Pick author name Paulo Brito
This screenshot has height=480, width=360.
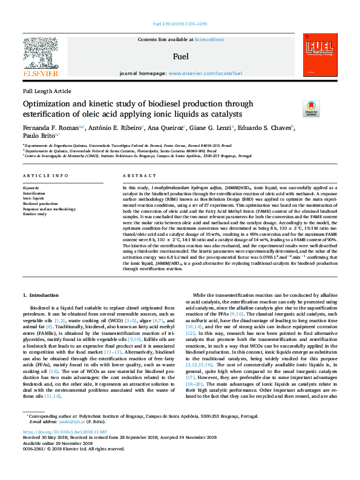[x=38, y=137]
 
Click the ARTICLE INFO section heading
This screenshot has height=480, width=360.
[x=45, y=175]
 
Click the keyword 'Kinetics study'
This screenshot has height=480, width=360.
[x=35, y=214]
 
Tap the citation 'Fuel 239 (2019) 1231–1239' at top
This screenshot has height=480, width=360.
[x=180, y=24]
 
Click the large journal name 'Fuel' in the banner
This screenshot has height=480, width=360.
[x=180, y=57]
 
